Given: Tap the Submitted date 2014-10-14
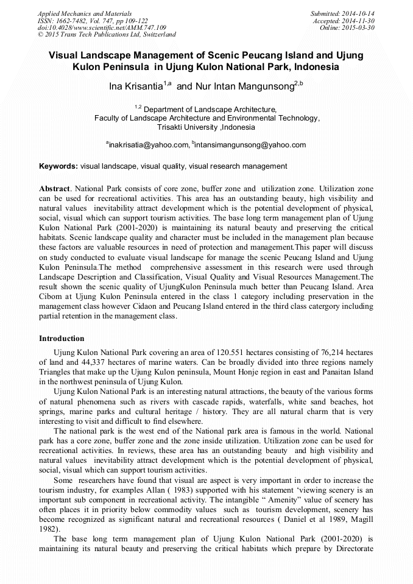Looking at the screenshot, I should (359, 13).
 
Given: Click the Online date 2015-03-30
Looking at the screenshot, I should (361, 27).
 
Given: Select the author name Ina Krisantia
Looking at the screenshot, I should (135, 86).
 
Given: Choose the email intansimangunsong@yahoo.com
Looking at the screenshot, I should (250, 145).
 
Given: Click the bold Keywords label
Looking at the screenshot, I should (58, 166).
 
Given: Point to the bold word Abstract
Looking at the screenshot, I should (55, 189).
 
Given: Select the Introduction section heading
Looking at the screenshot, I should (62, 338).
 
